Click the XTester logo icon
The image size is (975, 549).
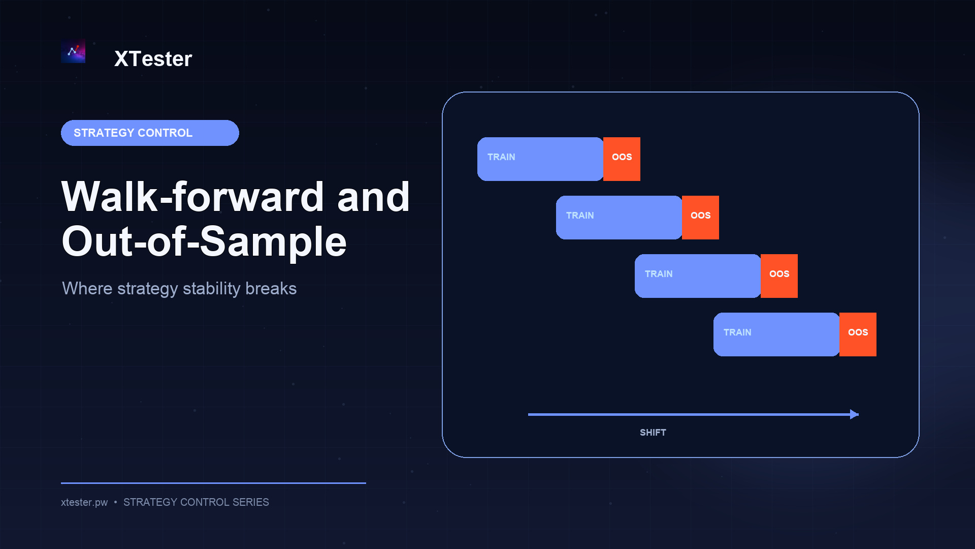[x=73, y=51]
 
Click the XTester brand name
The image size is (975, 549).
[x=153, y=59]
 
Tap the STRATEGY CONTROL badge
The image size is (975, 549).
[x=150, y=133]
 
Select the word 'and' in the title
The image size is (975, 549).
[x=373, y=197]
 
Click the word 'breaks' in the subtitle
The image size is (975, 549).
[x=271, y=288]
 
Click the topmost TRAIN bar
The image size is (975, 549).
[x=540, y=159]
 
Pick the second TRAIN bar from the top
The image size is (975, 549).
[x=619, y=218]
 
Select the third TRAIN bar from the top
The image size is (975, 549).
[x=698, y=276]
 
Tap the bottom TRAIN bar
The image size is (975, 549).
[x=776, y=334]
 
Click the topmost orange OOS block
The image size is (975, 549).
[x=622, y=159]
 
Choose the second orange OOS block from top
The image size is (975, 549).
[x=700, y=218]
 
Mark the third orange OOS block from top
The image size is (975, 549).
[x=779, y=276]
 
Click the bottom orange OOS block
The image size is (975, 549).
[x=858, y=334]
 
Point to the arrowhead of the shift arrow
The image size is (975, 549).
[x=858, y=414]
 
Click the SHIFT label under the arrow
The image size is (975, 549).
[x=653, y=433]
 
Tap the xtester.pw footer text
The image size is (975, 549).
[x=84, y=502]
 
